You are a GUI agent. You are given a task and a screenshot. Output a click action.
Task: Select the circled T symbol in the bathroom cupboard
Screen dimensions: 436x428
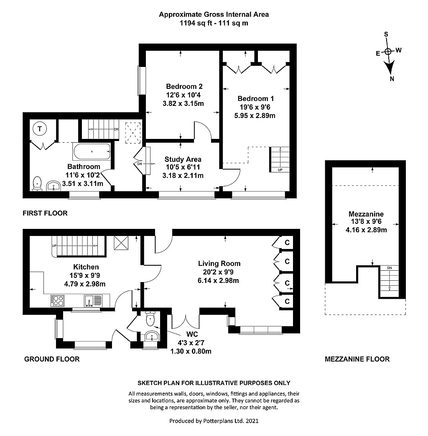point(40,129)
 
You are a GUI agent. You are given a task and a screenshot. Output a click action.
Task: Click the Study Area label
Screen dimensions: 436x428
point(183,159)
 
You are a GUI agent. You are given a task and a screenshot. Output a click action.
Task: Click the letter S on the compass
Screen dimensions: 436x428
point(386,34)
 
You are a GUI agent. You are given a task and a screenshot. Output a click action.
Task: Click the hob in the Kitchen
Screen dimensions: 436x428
point(58,300)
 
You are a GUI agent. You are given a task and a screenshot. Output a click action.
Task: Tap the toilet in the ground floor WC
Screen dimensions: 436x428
point(150,320)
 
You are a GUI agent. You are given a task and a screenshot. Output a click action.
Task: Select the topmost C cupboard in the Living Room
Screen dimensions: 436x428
point(287,242)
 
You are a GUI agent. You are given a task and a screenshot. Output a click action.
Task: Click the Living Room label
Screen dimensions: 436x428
point(219,264)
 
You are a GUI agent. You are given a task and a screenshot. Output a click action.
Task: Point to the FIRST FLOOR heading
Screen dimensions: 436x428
point(45,213)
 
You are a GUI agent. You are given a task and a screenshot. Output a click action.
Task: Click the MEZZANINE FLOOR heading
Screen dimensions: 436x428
point(357,359)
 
